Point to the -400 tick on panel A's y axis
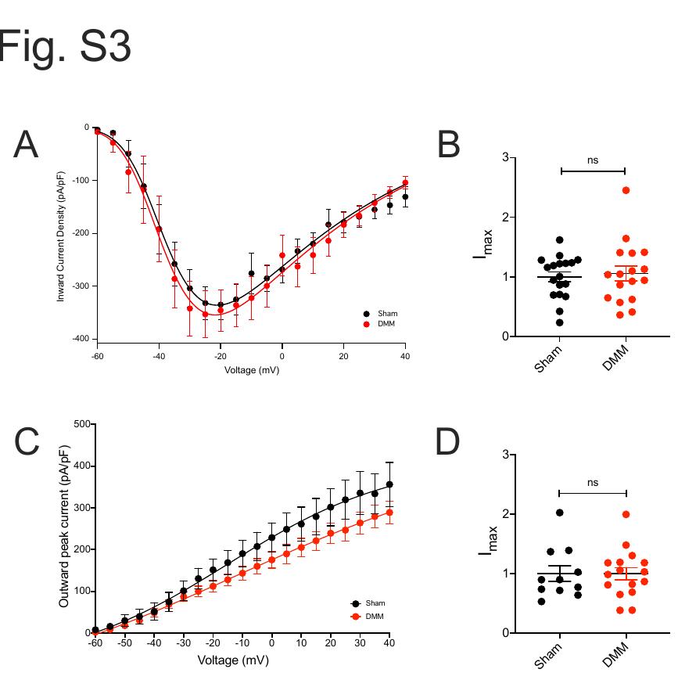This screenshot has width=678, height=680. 81,339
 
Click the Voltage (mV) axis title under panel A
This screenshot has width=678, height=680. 250,369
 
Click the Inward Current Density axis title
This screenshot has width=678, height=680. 61,232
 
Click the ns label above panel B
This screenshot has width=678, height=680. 593,160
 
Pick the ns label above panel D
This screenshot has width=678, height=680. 593,482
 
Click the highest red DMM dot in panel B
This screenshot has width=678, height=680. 626,190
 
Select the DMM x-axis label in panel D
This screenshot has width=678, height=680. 615,656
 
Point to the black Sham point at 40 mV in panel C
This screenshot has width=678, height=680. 389,484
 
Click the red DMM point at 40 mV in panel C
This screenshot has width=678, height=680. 389,513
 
